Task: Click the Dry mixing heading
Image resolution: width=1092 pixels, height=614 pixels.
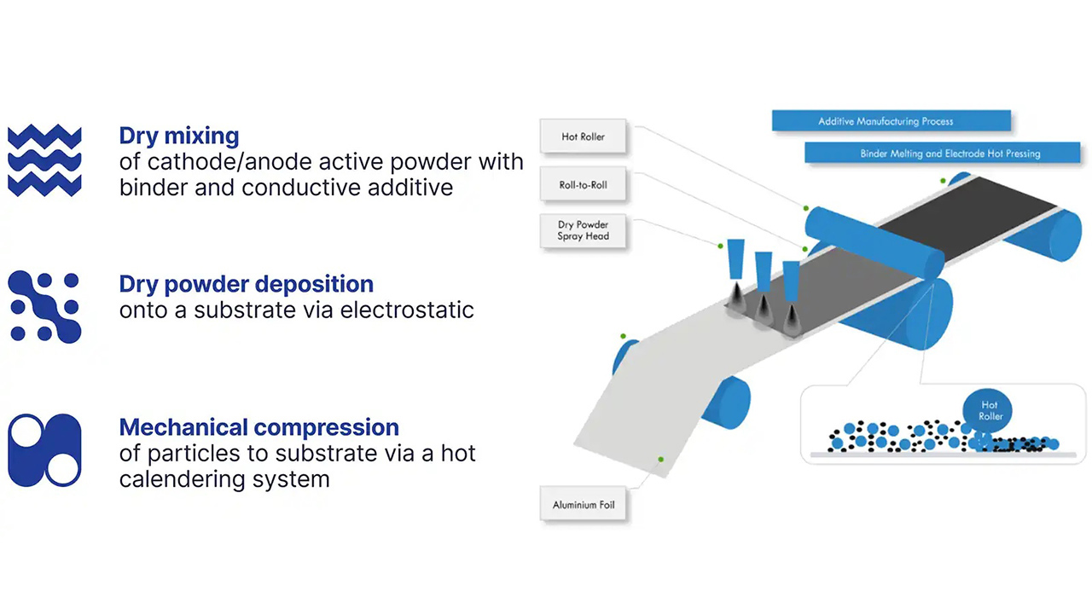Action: click(x=179, y=136)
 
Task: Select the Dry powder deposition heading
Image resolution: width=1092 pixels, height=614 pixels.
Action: click(x=246, y=284)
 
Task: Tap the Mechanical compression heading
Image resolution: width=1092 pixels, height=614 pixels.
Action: click(x=258, y=427)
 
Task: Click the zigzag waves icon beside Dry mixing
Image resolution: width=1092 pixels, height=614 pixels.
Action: click(x=44, y=160)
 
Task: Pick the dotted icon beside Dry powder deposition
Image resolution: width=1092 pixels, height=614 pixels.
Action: click(x=44, y=307)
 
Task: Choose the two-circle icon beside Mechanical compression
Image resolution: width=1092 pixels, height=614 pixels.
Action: click(x=44, y=450)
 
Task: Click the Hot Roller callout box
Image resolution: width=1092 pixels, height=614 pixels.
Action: click(x=583, y=136)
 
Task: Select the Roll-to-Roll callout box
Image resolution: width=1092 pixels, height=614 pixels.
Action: click(x=583, y=184)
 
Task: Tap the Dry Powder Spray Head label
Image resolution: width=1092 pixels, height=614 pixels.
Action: click(x=583, y=230)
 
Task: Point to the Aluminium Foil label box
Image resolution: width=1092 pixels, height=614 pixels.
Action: click(x=583, y=505)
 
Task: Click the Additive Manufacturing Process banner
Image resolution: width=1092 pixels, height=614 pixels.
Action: click(x=891, y=121)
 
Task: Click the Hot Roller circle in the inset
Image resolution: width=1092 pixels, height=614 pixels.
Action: click(x=989, y=411)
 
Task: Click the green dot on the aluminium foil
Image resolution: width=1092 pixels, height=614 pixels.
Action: click(x=660, y=460)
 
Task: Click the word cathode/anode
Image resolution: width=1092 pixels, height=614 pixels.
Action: click(x=227, y=162)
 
